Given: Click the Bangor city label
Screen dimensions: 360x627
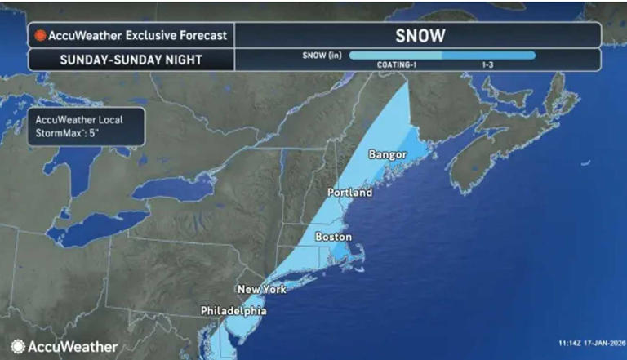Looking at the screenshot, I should pos(387,154).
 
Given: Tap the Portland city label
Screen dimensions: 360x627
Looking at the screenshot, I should pos(349,193).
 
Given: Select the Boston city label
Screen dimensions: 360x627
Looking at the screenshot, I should pos(333,237).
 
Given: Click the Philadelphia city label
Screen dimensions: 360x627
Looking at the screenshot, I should pos(234,311).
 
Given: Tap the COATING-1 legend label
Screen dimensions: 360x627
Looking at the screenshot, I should pos(398,64).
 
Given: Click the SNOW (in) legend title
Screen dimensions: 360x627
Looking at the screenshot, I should pos(320,56).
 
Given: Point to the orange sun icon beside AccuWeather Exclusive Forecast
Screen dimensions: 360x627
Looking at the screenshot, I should pos(38,36).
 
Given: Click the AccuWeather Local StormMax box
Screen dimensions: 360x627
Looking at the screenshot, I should pos(86,127).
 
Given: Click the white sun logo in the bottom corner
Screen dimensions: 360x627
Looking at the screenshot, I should pos(18,346).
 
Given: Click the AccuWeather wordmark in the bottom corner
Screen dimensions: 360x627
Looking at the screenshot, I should pos(73,346).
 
